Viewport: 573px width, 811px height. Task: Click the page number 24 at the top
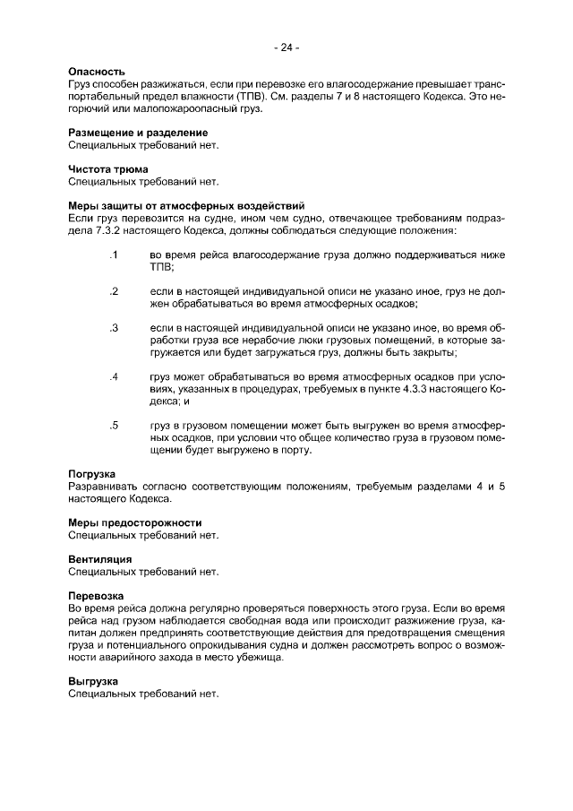[x=286, y=47]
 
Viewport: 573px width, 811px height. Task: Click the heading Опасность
[x=97, y=71]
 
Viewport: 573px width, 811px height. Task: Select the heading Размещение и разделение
[x=132, y=133]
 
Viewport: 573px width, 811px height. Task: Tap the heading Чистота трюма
[x=108, y=168]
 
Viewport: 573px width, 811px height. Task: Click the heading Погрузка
[x=92, y=473]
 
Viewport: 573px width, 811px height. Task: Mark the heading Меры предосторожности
[x=135, y=522]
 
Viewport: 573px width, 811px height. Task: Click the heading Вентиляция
[x=100, y=558]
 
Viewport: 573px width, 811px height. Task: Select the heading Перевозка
[x=96, y=595]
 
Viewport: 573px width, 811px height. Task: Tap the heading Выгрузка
[x=94, y=681]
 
